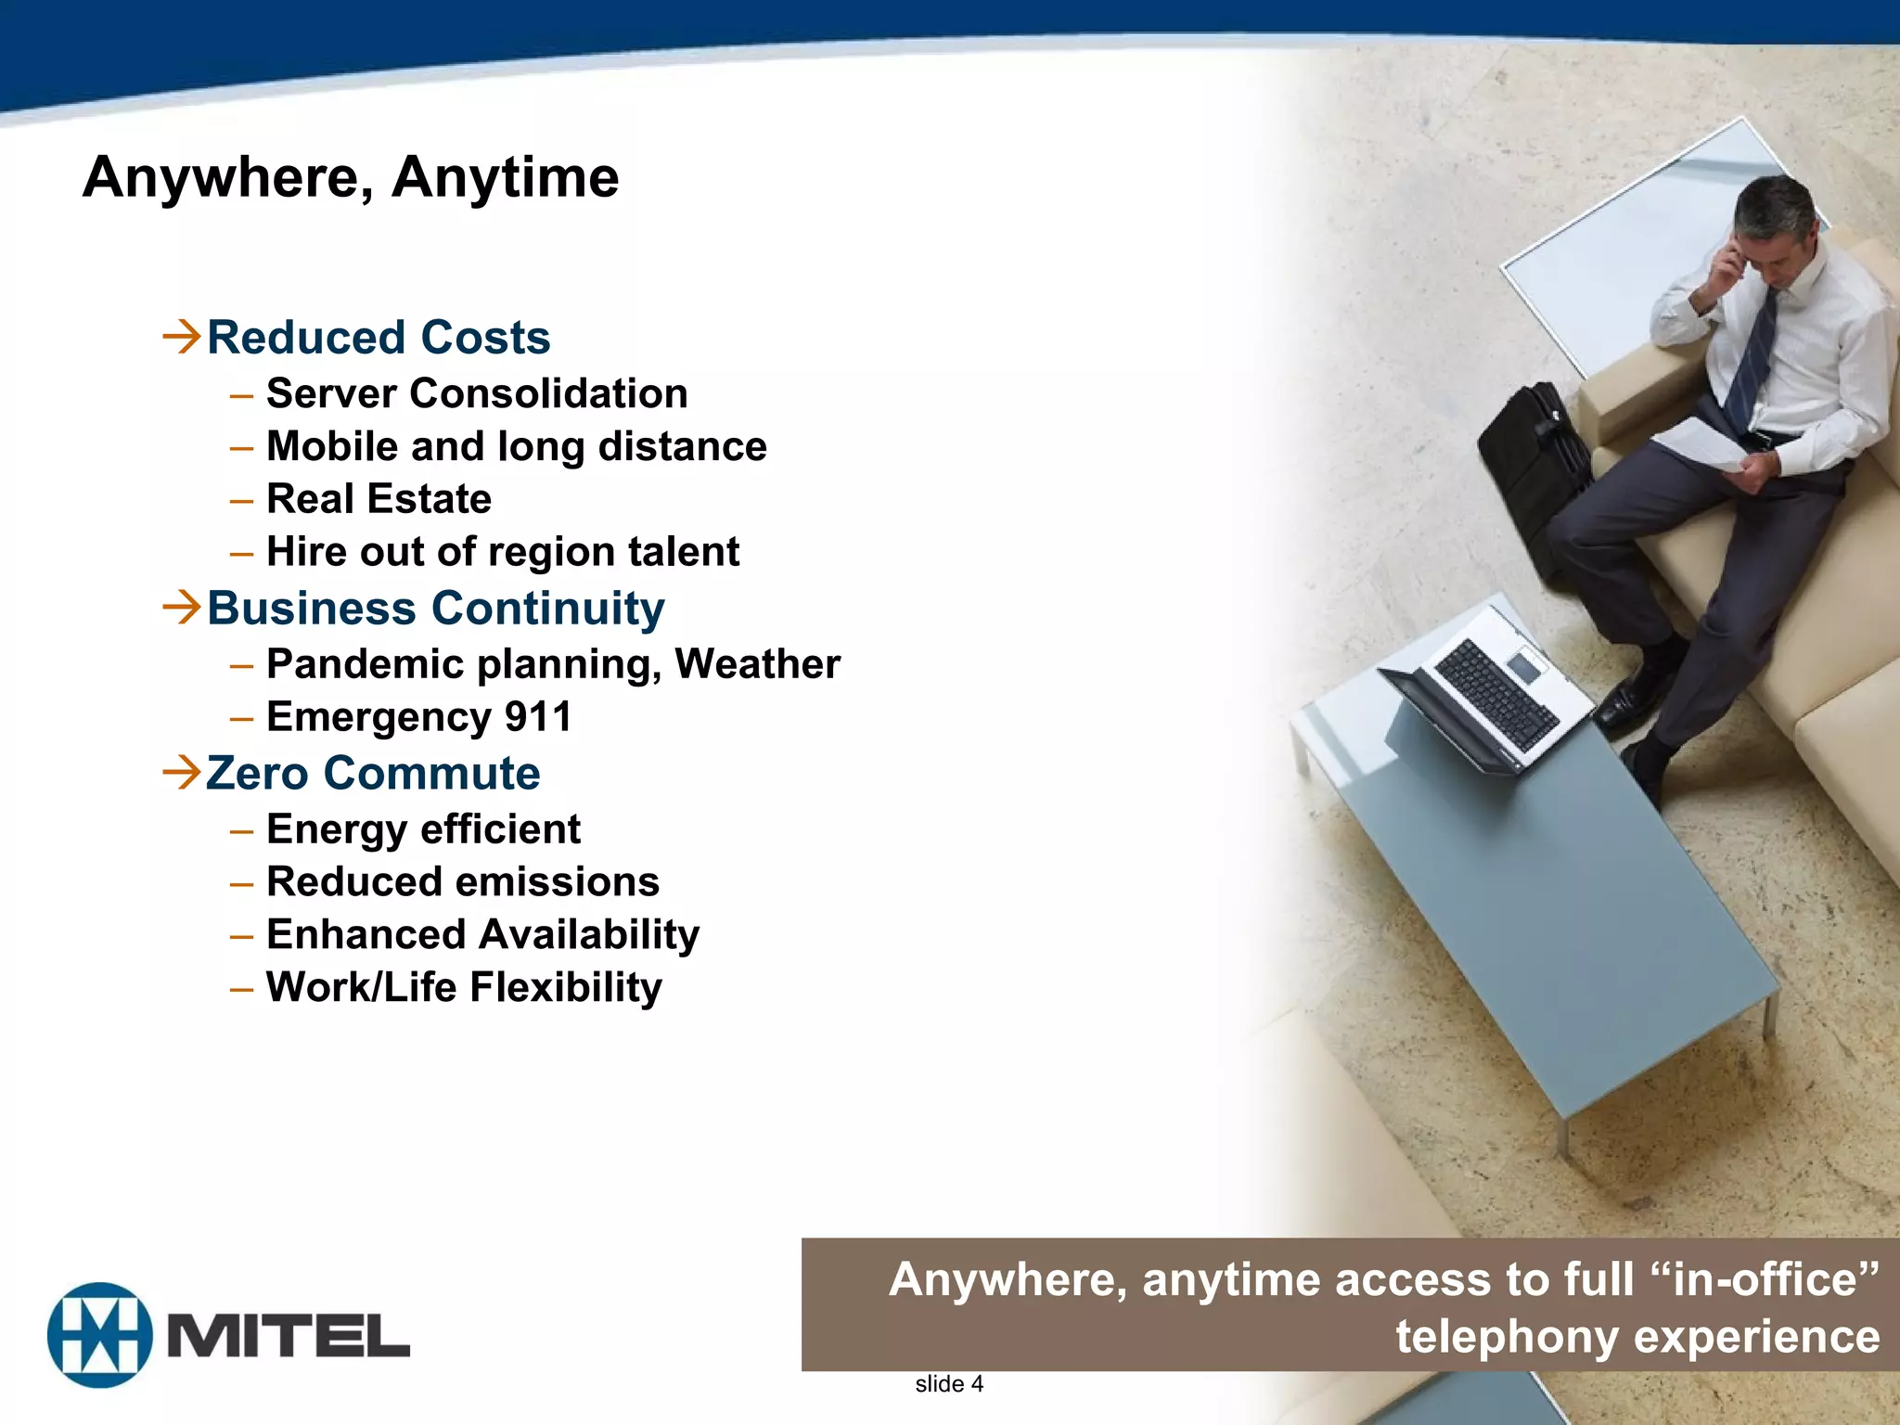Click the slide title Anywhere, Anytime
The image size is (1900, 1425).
point(351,176)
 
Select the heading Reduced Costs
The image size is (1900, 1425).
point(379,337)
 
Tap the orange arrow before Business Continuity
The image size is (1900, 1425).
point(181,607)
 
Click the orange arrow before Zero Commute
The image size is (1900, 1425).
point(181,772)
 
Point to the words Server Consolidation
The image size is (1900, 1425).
point(477,393)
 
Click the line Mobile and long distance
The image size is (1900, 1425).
point(517,446)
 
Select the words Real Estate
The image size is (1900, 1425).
point(379,499)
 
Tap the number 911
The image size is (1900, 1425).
point(538,717)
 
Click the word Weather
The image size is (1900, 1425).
point(757,664)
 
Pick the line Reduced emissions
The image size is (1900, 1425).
point(463,882)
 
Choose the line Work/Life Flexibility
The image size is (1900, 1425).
point(464,987)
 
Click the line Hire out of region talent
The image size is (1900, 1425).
point(503,552)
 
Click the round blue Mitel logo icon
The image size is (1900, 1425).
point(100,1335)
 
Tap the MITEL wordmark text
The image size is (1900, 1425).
point(288,1336)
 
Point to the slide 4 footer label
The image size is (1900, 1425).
point(948,1384)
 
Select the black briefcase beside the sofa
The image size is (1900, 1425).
point(1531,473)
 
